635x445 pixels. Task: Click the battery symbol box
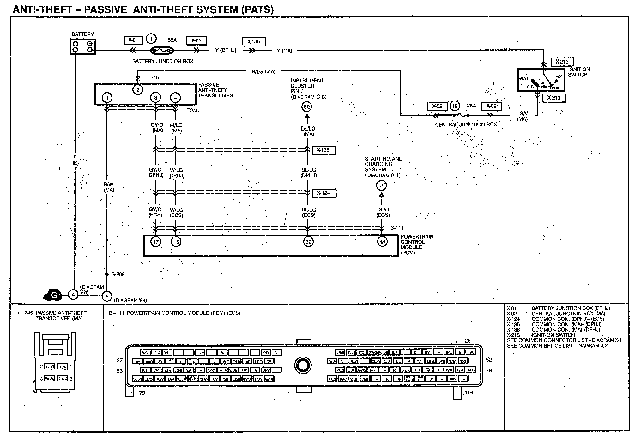(82, 47)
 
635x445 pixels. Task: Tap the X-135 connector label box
(253, 42)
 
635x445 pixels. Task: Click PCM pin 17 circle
(156, 242)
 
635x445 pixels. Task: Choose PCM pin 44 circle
(382, 242)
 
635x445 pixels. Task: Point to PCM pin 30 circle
(308, 242)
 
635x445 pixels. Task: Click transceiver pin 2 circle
(138, 90)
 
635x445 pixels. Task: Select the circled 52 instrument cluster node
(307, 107)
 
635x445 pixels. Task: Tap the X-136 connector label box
(324, 150)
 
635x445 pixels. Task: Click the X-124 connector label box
(324, 193)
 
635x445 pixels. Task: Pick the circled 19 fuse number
(455, 106)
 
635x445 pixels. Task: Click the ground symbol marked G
(53, 295)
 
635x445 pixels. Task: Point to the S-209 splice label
(118, 274)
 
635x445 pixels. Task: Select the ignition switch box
(541, 80)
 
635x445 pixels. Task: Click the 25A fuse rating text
(471, 106)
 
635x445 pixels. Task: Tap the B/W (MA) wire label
(109, 187)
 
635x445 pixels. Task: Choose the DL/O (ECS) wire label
(383, 212)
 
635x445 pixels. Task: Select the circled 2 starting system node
(381, 186)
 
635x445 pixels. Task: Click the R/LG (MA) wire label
(263, 72)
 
